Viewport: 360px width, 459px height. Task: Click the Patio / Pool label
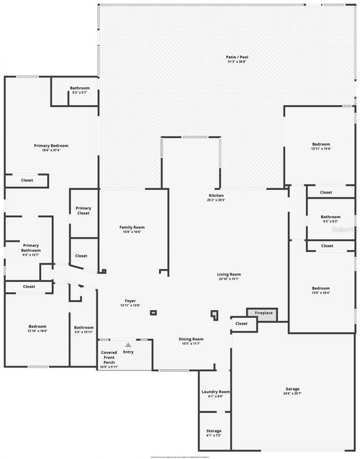(x=237, y=57)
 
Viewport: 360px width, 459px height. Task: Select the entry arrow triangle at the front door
(x=128, y=345)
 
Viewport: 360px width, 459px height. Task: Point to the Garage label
(x=292, y=389)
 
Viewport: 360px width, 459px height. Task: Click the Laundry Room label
(x=216, y=392)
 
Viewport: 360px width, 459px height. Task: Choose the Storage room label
(x=214, y=431)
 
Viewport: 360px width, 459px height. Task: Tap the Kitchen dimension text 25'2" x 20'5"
(x=216, y=200)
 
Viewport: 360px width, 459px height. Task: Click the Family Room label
(x=132, y=227)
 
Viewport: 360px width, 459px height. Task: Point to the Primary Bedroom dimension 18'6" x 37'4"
(x=51, y=150)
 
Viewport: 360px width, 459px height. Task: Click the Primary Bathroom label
(x=31, y=248)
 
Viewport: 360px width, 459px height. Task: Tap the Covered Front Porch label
(x=109, y=357)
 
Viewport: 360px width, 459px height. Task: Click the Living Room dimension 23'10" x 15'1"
(x=229, y=279)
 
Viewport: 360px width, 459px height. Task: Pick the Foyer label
(x=130, y=301)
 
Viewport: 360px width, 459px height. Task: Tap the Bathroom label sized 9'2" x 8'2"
(x=330, y=217)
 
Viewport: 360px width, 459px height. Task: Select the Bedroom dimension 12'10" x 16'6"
(x=37, y=331)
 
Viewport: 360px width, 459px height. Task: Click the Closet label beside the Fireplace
(x=241, y=323)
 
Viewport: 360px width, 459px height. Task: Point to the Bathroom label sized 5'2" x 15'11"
(x=84, y=328)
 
